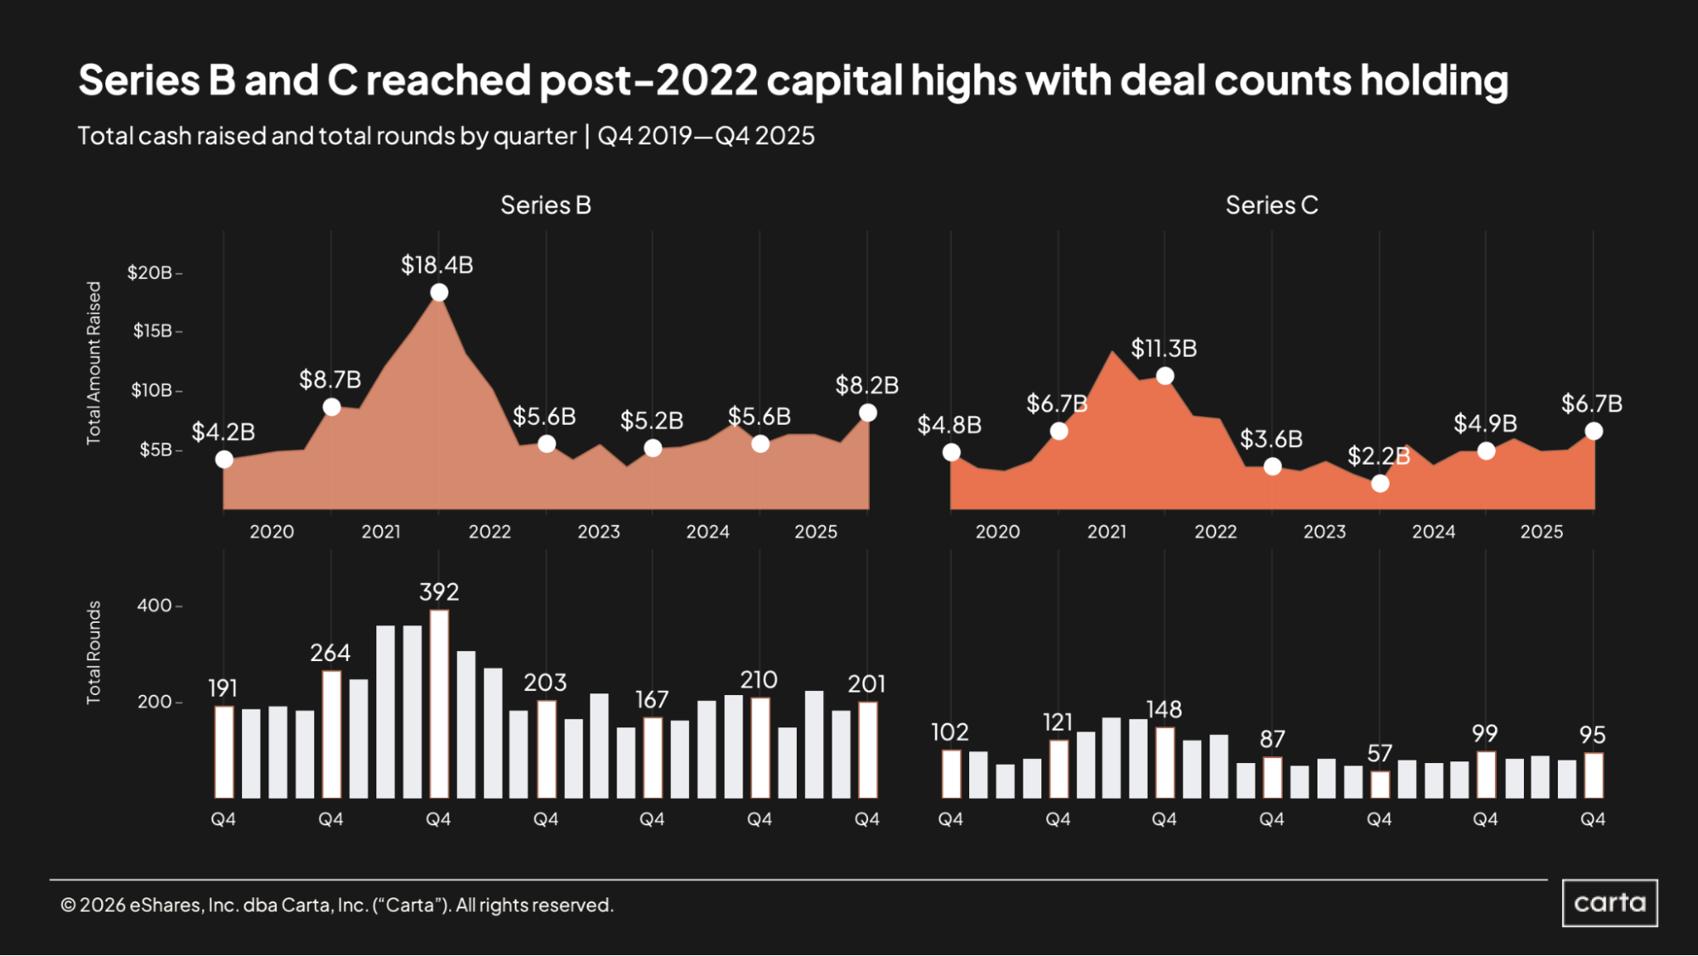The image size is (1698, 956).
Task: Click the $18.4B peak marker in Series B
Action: click(438, 292)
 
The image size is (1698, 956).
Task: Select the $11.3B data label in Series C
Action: click(1163, 348)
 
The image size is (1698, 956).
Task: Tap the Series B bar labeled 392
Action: click(438, 704)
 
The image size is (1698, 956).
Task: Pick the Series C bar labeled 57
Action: click(1380, 784)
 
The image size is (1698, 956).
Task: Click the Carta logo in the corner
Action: click(1609, 902)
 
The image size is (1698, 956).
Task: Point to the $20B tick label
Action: click(149, 273)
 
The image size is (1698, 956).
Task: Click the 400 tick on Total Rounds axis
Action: click(155, 606)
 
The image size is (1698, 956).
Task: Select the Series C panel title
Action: click(1271, 205)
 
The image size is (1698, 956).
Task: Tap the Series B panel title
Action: click(545, 205)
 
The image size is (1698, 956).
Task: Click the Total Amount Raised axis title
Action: click(93, 363)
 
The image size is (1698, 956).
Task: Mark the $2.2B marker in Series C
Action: click(1380, 484)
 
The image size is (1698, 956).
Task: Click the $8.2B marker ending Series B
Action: click(867, 413)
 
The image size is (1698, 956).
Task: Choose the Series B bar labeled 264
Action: click(331, 734)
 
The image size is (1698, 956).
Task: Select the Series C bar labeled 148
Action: click(1165, 762)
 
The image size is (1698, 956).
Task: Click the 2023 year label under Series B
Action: click(598, 532)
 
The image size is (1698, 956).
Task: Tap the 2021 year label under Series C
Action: click(1106, 532)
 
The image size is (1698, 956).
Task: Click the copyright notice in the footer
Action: click(336, 905)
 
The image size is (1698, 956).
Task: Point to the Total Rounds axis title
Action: click(93, 653)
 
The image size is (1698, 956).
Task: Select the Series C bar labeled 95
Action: click(1594, 775)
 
